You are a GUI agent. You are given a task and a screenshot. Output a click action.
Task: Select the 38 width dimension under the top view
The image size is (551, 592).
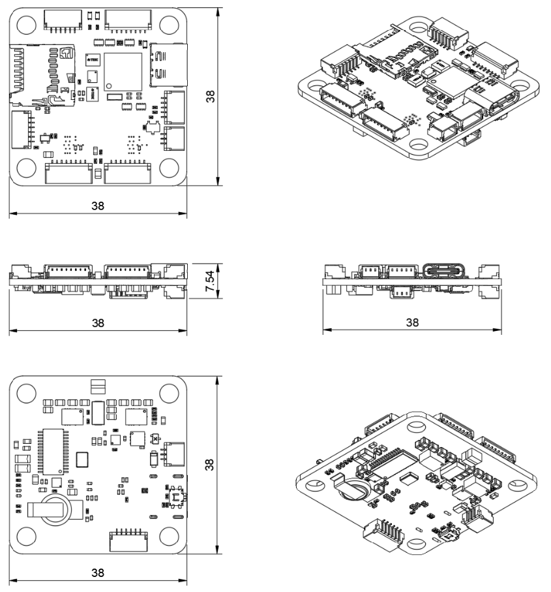pyautogui.click(x=98, y=205)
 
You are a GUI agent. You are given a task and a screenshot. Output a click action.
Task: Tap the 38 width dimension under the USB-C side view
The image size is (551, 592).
pyautogui.click(x=412, y=322)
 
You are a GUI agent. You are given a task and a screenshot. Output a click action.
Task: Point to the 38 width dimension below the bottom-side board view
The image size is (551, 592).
pyautogui.click(x=98, y=572)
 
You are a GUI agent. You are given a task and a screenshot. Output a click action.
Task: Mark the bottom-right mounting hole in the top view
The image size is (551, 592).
pyautogui.click(x=170, y=168)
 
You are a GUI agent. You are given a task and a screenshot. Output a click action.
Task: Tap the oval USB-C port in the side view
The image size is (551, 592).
pyautogui.click(x=447, y=271)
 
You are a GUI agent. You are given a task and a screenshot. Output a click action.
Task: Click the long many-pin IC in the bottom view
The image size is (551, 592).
pyautogui.click(x=50, y=452)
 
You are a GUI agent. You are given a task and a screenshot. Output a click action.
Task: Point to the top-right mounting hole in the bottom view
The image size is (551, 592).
pyautogui.click(x=170, y=394)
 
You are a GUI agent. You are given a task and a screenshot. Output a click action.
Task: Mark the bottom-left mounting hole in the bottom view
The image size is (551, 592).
pyautogui.click(x=25, y=537)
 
